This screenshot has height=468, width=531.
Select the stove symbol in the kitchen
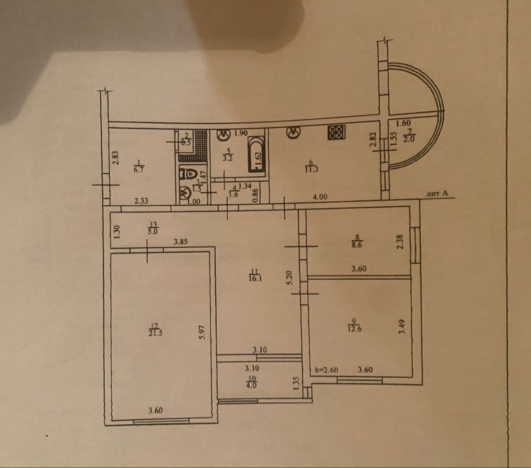click(336, 132)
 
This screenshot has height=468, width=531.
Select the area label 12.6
click(355, 329)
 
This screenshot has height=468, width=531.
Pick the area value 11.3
click(311, 169)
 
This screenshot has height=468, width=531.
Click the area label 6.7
click(139, 170)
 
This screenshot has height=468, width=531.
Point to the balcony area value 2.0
click(408, 138)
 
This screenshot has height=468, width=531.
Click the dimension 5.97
click(202, 332)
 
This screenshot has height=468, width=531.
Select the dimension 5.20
click(290, 278)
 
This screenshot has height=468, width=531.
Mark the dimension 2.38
click(400, 242)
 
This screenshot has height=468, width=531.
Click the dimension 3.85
click(181, 242)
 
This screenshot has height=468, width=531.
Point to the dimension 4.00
click(320, 197)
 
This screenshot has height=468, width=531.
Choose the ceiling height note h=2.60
click(326, 370)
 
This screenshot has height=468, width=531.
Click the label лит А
click(437, 194)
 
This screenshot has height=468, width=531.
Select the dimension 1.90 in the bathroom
click(241, 133)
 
